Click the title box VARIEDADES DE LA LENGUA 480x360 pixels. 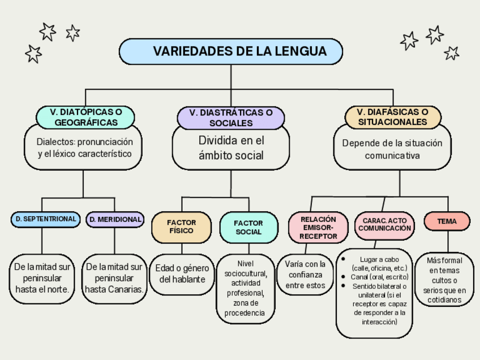click(231, 52)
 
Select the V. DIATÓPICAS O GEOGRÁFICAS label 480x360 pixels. click(85, 117)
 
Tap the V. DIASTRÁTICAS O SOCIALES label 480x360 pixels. click(231, 118)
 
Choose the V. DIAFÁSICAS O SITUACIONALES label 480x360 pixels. click(393, 117)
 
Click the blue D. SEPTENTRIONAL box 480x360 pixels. click(46, 219)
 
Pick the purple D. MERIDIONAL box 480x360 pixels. click(115, 219)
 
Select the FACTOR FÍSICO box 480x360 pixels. click(181, 227)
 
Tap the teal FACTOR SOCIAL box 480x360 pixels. click(248, 227)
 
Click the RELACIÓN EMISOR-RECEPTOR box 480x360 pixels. click(318, 227)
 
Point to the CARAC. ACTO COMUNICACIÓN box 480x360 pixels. click(384, 224)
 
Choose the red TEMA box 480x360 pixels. click(447, 221)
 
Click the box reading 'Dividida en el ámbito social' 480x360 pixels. click(231, 148)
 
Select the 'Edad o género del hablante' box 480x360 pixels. click(182, 274)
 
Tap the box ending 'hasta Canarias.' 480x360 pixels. click(114, 278)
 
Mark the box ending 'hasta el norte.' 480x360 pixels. click(42, 278)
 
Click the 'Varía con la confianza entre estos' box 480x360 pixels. click(305, 275)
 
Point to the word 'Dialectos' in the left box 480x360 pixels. click(55, 142)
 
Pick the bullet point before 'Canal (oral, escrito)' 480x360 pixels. click(344, 276)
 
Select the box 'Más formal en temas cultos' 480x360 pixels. click(444, 280)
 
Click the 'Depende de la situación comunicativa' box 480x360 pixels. click(392, 149)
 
